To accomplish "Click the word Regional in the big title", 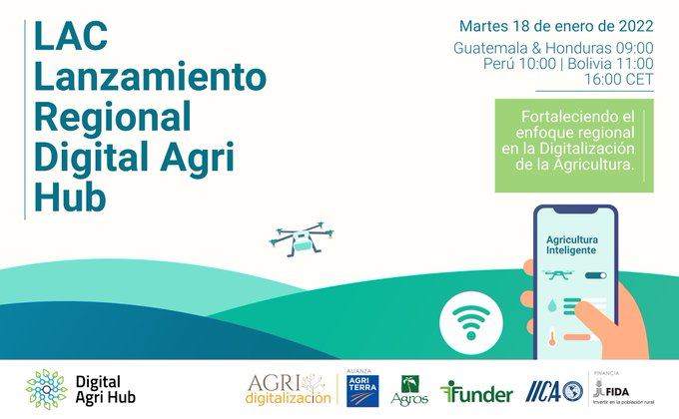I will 112,118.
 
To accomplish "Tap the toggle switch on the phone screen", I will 596,274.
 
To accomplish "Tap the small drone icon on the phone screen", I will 555,273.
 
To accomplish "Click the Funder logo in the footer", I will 478,389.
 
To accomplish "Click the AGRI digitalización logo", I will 290,389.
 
